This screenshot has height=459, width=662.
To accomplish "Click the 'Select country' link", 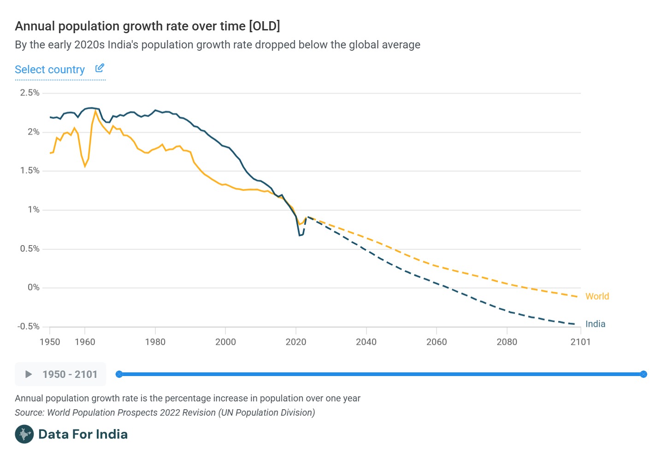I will pos(50,70).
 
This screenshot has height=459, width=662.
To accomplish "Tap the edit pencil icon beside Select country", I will pos(100,68).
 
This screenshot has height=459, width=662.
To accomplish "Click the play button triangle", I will pos(29,374).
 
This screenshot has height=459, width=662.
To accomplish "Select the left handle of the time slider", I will pos(119,374).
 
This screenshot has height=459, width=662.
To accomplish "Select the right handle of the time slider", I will pos(644,374).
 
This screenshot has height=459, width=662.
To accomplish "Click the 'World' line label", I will pos(597,296).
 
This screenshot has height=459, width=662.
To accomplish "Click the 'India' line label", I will pos(595,324).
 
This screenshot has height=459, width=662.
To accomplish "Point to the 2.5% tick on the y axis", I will pos(30,93).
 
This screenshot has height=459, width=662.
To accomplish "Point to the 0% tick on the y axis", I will pos(34,288).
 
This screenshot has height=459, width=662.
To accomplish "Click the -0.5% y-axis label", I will pos(29,327).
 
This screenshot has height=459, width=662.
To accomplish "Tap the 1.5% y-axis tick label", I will pos(30,171).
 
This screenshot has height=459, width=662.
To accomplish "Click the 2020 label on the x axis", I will pos(296,342).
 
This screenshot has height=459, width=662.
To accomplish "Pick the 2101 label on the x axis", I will pos(580,342).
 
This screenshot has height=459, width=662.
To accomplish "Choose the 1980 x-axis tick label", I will pos(155,342).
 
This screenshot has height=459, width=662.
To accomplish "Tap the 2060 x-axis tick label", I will pos(437,342).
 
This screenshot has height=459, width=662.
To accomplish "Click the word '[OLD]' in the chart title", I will pos(264,26).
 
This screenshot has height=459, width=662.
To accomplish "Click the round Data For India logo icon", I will pos(24,434).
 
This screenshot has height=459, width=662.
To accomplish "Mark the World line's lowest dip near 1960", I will pos(85,166).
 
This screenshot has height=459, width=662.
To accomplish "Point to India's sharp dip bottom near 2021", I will pos(300,235).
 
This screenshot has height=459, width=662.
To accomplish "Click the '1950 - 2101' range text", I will pos(70,374).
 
